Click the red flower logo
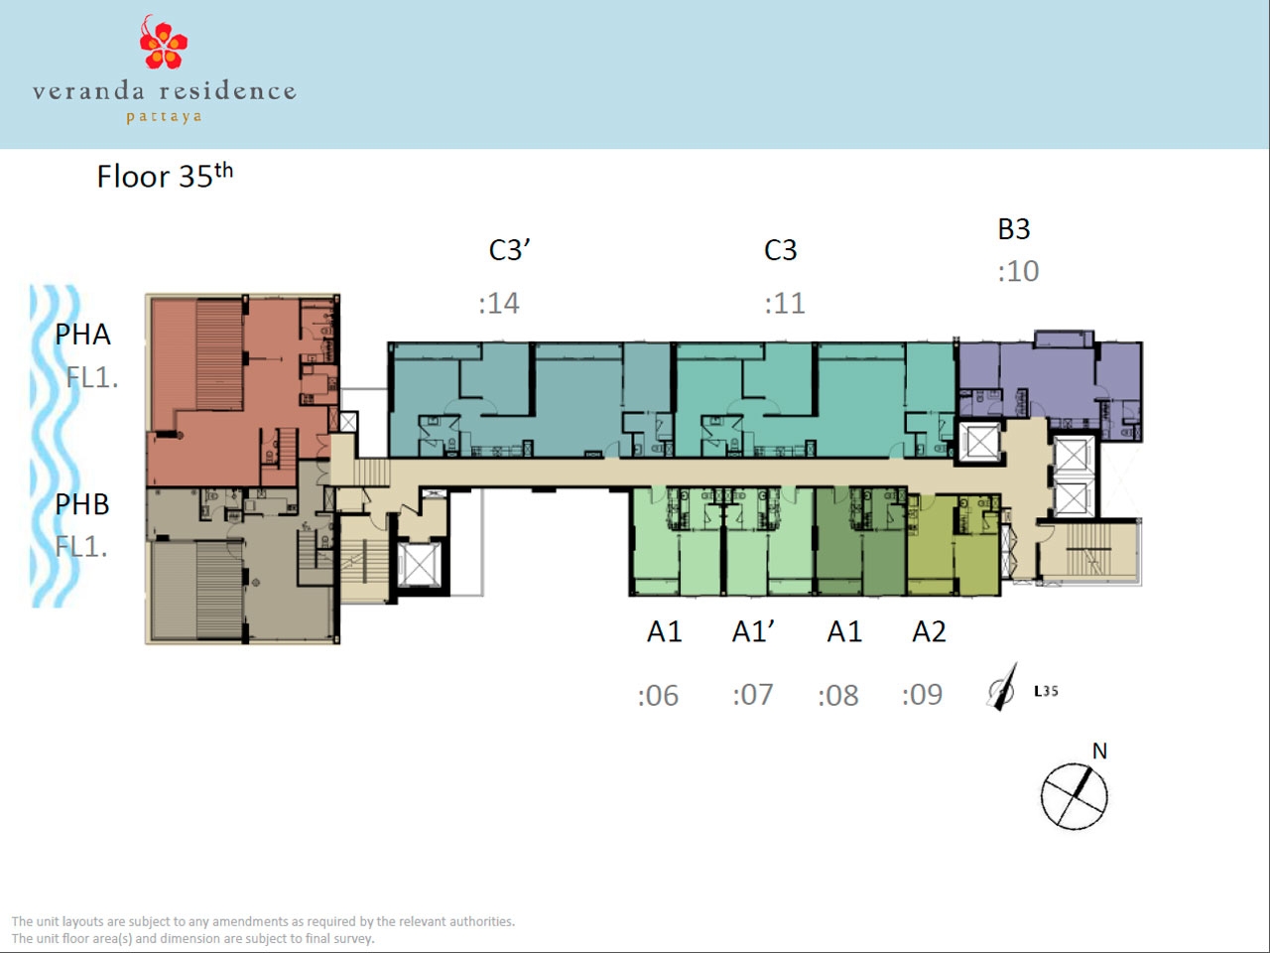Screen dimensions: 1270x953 163,43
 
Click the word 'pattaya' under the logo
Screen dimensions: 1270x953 165,117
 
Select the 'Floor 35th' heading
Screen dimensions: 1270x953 165,176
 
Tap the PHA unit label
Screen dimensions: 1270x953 82,335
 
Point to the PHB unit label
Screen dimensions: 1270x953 82,504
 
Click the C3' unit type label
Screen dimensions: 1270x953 509,250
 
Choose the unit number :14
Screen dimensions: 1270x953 499,303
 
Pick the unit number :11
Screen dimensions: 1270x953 785,303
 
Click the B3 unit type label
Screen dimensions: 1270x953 1014,229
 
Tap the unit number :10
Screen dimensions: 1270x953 1018,271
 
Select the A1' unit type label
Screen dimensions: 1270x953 753,631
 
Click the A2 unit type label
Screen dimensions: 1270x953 930,631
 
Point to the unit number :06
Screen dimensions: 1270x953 658,696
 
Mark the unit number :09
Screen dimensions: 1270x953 923,694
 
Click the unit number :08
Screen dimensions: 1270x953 837,696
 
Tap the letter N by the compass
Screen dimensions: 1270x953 1099,751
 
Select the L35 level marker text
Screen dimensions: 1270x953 1046,691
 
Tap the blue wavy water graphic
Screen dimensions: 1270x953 55,446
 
